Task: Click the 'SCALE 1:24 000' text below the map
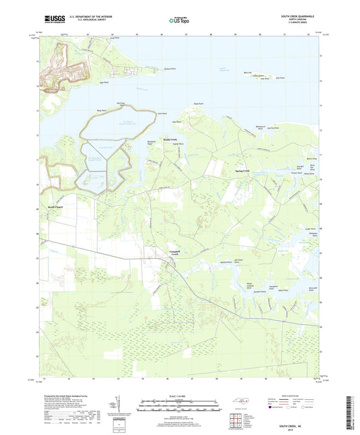point(180,394)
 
